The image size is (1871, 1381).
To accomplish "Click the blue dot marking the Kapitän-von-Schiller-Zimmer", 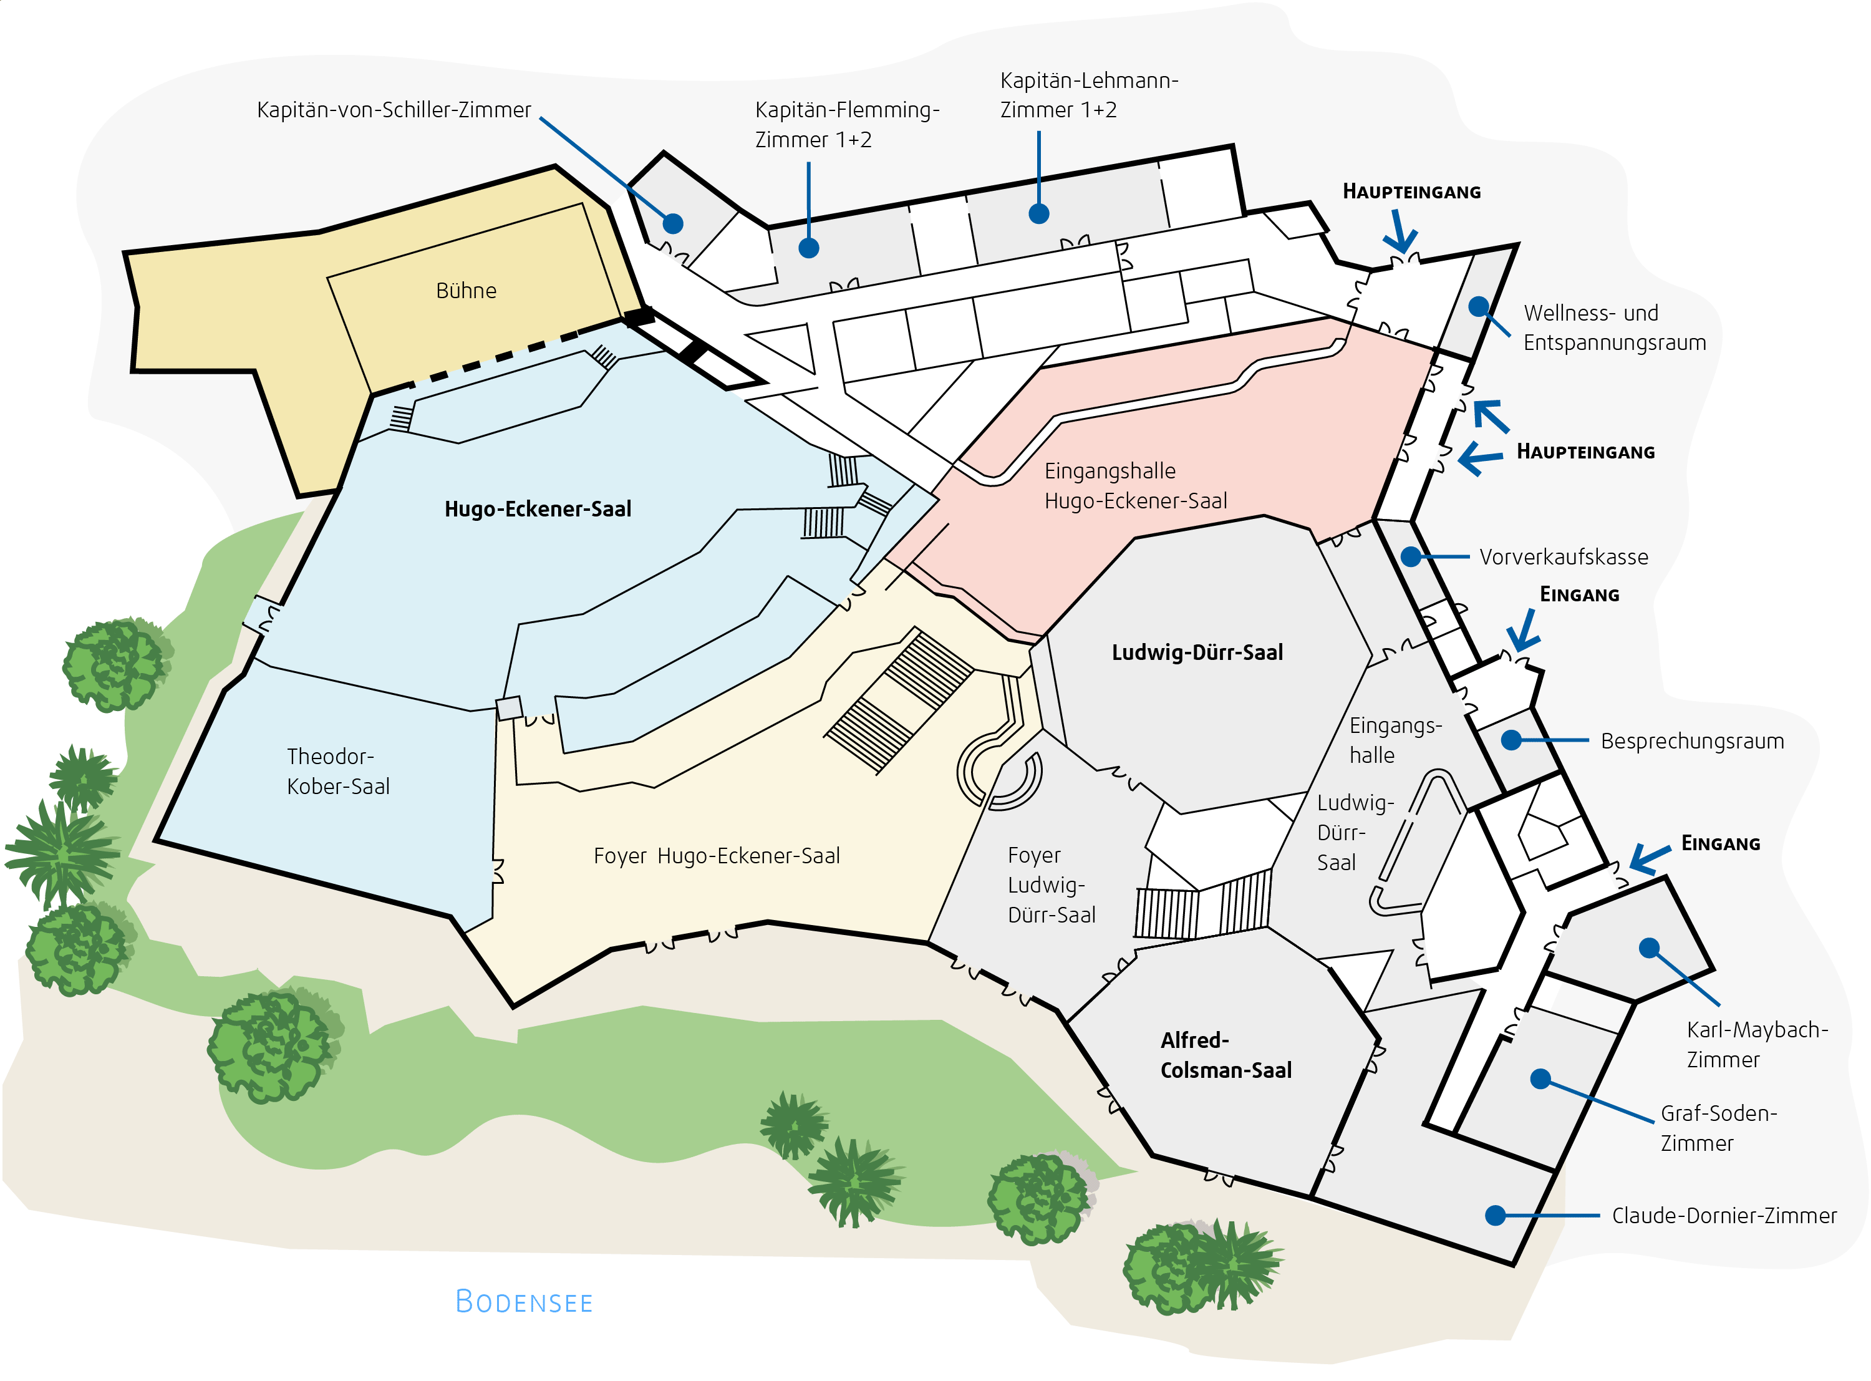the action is coord(673,223).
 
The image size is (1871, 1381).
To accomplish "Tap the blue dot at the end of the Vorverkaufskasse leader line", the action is coord(1411,557).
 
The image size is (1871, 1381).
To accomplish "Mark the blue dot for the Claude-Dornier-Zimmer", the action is coord(1496,1216).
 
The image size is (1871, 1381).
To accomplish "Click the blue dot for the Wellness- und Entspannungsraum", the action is coord(1478,307).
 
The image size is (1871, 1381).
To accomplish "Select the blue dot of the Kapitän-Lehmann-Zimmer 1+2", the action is coord(1038,214).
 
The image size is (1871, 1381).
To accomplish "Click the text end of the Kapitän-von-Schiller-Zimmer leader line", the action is coord(541,118).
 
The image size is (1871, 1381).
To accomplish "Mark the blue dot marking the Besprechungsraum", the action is coord(1511,740).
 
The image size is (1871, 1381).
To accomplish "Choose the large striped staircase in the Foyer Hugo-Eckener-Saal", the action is coord(899,700).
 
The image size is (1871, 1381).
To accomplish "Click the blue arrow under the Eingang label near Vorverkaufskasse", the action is coord(1524,631).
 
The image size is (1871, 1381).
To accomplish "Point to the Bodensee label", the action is coord(524,1302).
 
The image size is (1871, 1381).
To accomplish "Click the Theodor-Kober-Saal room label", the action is coord(339,771).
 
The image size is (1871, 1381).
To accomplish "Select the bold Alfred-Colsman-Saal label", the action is coord(1226,1055).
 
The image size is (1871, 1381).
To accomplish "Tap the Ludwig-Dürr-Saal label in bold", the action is coord(1197,652).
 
